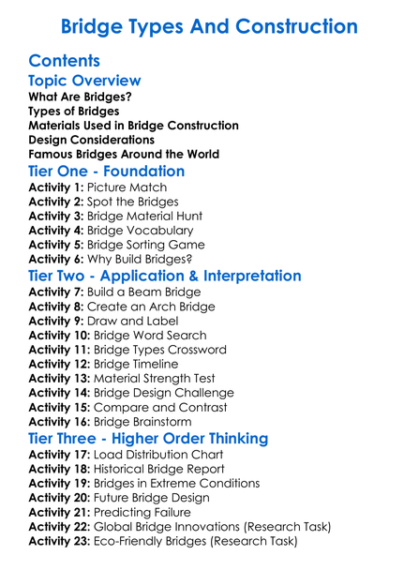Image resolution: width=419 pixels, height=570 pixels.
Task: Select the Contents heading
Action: pos(65,61)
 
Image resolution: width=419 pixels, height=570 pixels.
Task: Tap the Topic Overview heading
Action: pos(84,81)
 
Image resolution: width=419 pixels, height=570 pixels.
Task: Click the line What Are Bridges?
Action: pos(80,97)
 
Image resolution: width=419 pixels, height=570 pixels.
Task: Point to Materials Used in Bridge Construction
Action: pos(133,125)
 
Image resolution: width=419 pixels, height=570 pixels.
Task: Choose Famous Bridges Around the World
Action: pos(124,154)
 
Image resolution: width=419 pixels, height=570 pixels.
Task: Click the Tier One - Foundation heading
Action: pos(107,172)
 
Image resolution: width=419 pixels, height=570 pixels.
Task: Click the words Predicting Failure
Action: pos(143,512)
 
